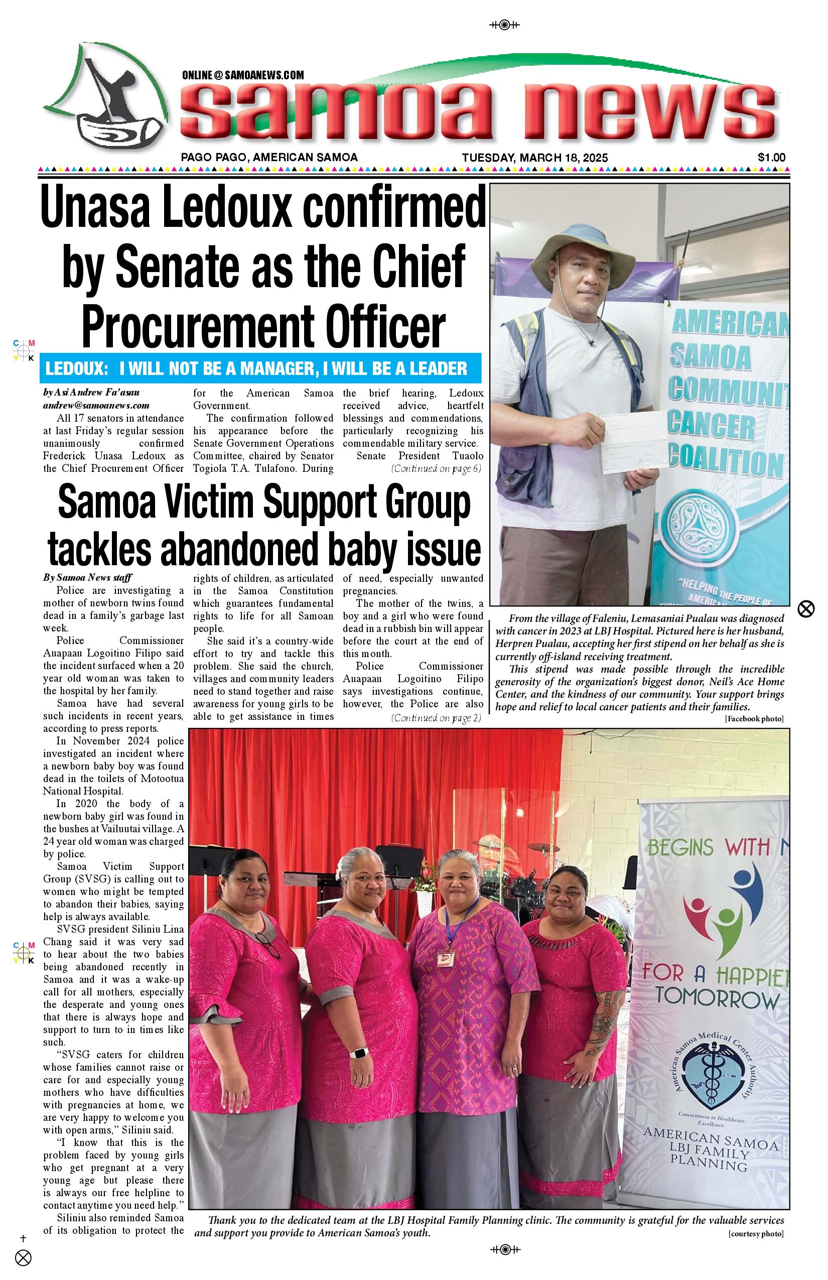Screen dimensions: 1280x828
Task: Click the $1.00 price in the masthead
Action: (771, 158)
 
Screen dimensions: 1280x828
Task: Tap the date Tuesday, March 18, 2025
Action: (534, 158)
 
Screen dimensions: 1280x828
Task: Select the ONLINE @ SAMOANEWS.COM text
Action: (243, 75)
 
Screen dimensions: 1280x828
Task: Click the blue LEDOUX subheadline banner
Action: (260, 368)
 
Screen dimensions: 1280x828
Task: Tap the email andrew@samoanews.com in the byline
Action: (96, 406)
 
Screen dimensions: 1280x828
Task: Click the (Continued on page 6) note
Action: (436, 468)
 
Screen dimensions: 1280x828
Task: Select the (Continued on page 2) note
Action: (436, 718)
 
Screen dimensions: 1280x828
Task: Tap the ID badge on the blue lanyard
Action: (445, 959)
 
